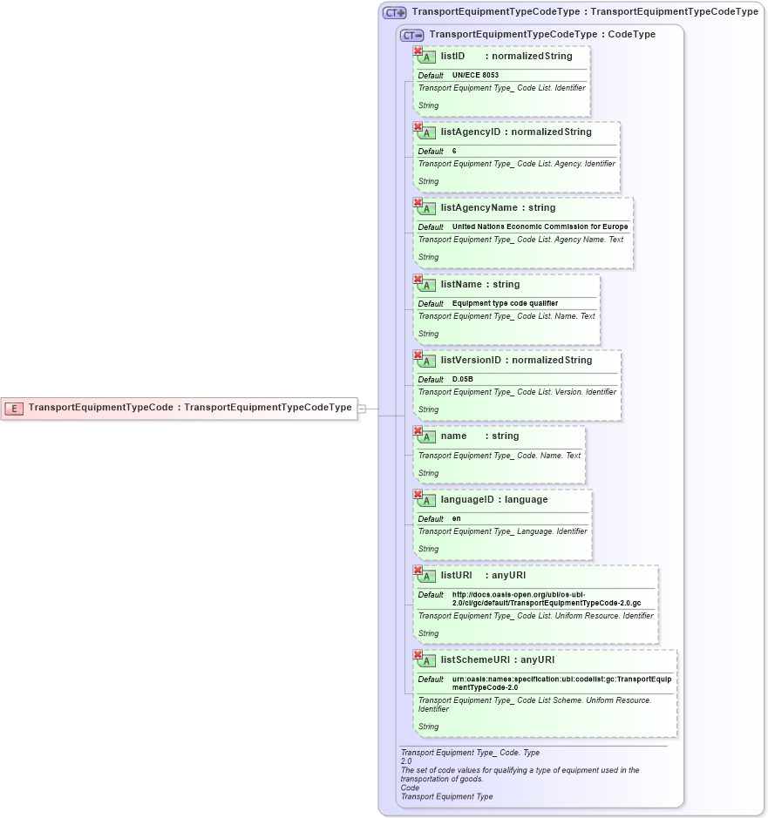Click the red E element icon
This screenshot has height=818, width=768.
pyautogui.click(x=14, y=408)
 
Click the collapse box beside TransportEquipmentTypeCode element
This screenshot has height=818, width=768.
pyautogui.click(x=362, y=408)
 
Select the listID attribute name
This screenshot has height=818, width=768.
pyautogui.click(x=452, y=56)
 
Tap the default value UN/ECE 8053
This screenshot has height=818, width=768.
pyautogui.click(x=475, y=76)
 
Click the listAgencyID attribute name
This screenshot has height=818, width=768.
pyautogui.click(x=471, y=132)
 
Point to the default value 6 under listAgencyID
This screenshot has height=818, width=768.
pyautogui.click(x=454, y=152)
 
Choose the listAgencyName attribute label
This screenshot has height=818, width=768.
pyautogui.click(x=479, y=208)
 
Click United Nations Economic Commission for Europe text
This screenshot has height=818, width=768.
pyautogui.click(x=540, y=227)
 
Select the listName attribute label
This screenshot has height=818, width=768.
pyautogui.click(x=461, y=285)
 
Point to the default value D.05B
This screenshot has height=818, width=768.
pyautogui.click(x=462, y=380)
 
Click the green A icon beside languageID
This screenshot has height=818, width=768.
pyautogui.click(x=426, y=501)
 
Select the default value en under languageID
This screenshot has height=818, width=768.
pyautogui.click(x=456, y=519)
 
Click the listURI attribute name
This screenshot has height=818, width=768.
pyautogui.click(x=456, y=576)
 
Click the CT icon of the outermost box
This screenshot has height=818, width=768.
pyautogui.click(x=395, y=13)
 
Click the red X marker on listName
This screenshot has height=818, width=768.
pyautogui.click(x=418, y=280)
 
